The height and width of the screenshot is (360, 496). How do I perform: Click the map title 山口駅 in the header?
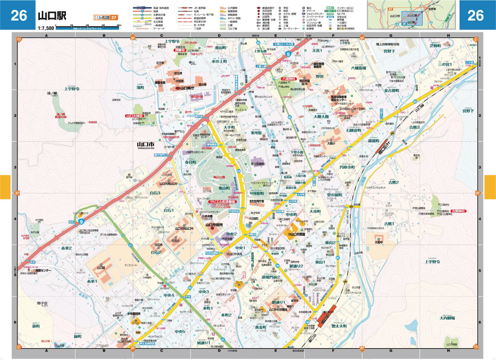52,16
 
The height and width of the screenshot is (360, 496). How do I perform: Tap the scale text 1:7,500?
46,28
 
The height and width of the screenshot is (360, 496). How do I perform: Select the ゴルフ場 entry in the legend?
232,28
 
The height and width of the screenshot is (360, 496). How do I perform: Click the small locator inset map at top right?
411,15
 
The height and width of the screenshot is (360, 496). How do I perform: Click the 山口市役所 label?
214,225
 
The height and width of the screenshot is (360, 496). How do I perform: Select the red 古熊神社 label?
458,211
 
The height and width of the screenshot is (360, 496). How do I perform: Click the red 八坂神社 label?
288,79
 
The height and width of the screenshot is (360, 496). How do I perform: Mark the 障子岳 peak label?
42,303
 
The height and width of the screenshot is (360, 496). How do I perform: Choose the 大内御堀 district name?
447,318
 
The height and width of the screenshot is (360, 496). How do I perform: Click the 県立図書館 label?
257,164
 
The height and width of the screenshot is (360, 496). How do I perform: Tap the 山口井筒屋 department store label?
297,234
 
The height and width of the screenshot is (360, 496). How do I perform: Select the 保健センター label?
42,270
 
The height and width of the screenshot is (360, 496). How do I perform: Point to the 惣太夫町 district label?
339,326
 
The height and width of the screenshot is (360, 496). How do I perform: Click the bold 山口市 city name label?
145,144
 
